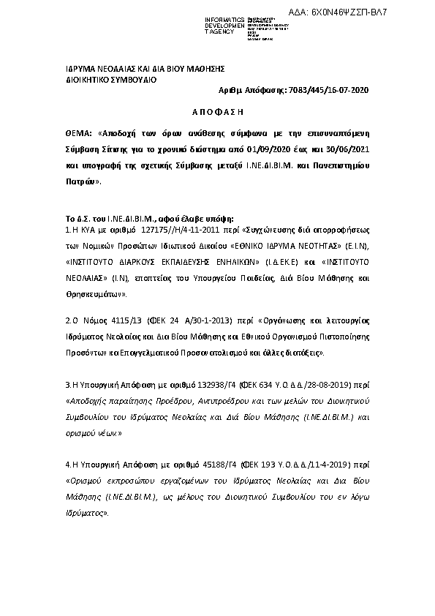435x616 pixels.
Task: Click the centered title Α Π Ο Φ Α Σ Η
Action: (216, 115)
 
